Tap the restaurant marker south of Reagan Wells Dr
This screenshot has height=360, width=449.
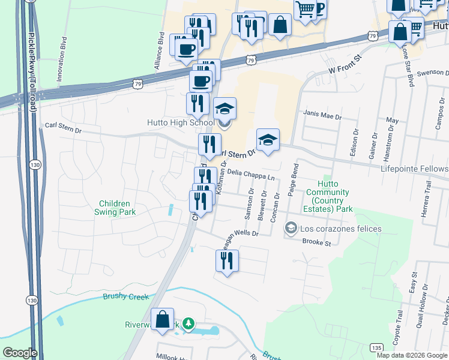pyautogui.click(x=227, y=261)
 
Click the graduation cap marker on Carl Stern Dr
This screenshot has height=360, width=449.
pyautogui.click(x=268, y=141)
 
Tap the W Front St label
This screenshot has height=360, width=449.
pyautogui.click(x=346, y=65)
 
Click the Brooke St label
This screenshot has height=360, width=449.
pyautogui.click(x=316, y=243)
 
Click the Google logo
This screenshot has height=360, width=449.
pyautogui.click(x=20, y=353)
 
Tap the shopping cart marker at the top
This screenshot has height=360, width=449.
pyautogui.click(x=305, y=10)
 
